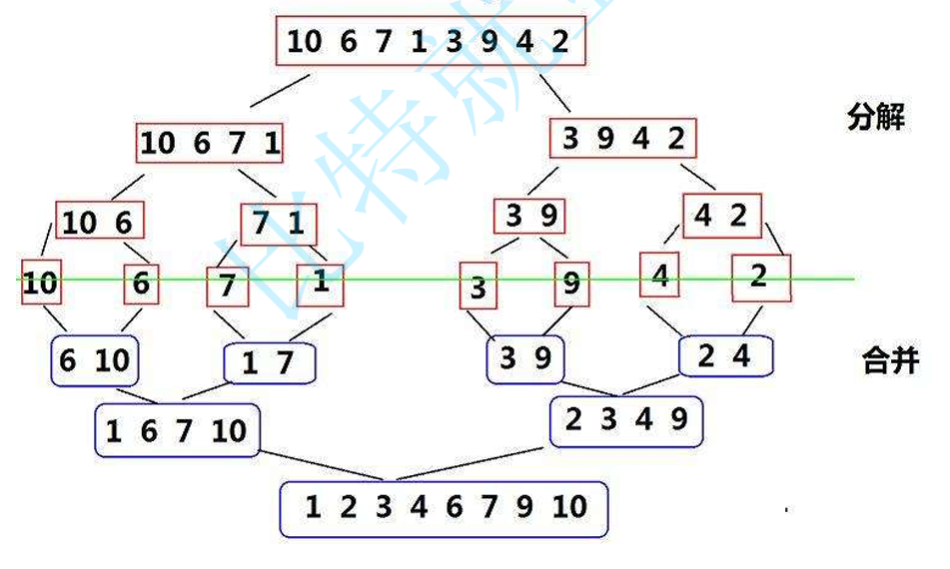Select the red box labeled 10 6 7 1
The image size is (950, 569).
(x=210, y=143)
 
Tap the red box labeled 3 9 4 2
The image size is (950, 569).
(x=622, y=139)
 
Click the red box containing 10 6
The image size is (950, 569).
(x=99, y=222)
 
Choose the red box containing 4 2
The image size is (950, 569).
(x=721, y=216)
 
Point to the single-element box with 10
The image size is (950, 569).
(x=40, y=284)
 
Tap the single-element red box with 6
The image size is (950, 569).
(x=141, y=284)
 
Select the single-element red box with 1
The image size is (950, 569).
(x=320, y=284)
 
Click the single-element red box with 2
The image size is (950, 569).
(x=760, y=278)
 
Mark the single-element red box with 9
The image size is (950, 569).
(x=570, y=284)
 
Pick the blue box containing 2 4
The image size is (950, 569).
(x=726, y=355)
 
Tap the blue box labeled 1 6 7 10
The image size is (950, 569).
(x=177, y=431)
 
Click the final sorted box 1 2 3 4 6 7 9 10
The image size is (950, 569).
(x=444, y=508)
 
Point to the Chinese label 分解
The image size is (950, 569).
(x=875, y=118)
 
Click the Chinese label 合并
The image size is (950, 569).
(x=888, y=360)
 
